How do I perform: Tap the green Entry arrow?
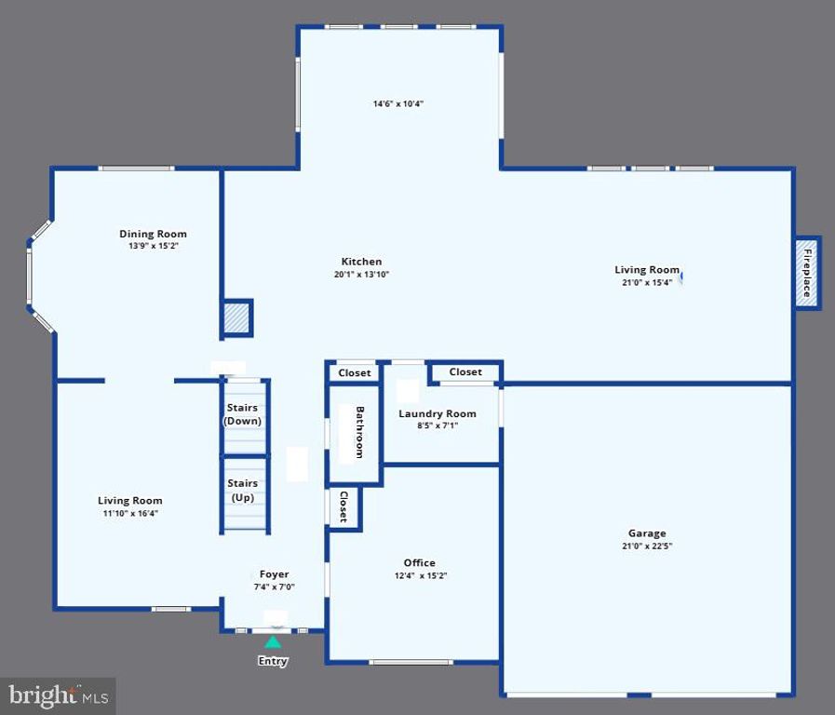click(273, 641)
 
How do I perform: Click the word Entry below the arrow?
click(273, 661)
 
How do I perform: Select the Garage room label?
click(647, 533)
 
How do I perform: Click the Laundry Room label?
click(438, 413)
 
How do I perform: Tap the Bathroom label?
click(359, 432)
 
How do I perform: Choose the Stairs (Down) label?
click(243, 414)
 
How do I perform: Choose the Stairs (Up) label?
click(243, 490)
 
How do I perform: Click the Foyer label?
click(274, 574)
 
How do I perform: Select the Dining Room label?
click(153, 234)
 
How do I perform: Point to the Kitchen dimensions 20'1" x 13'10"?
click(361, 275)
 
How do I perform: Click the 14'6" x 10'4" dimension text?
click(398, 104)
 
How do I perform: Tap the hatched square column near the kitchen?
click(236, 318)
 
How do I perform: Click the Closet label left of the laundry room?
click(354, 372)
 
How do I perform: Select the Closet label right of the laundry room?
click(465, 371)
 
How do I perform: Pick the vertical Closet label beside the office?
click(343, 507)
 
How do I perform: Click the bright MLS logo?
click(59, 695)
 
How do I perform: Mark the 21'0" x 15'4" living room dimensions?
click(646, 283)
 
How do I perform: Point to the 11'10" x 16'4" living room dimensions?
click(130, 513)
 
